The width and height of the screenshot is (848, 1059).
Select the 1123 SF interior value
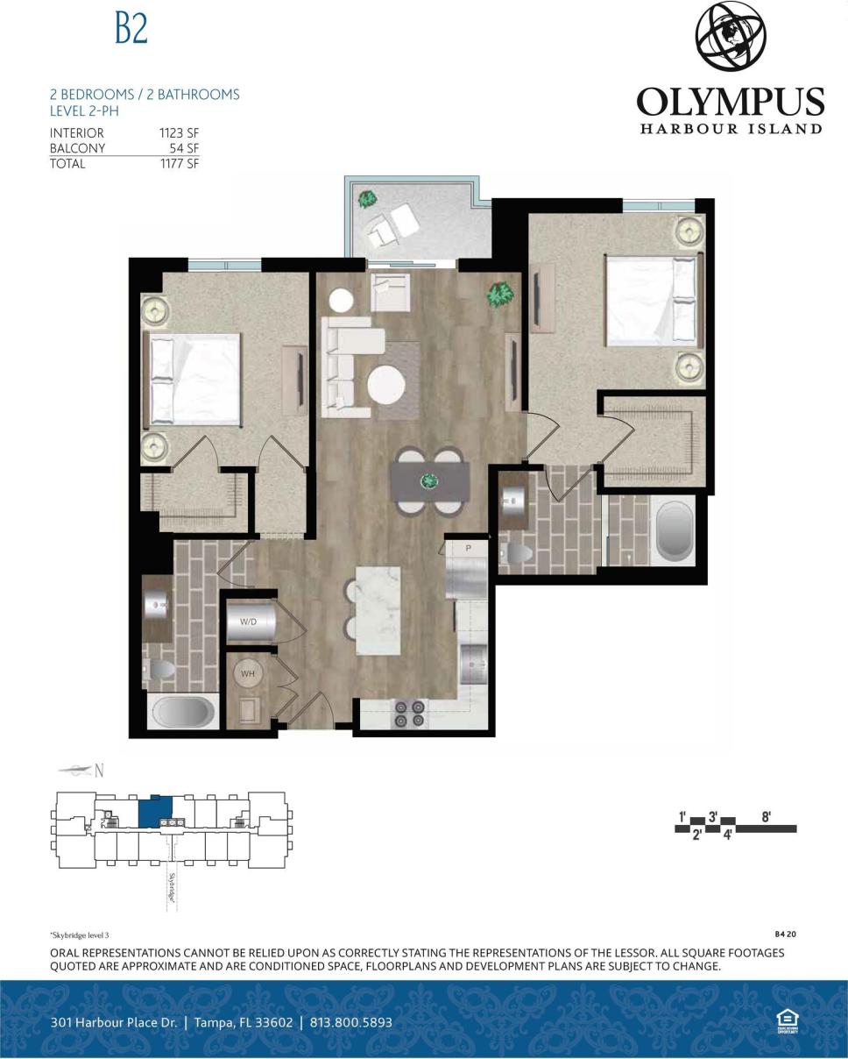[x=179, y=132]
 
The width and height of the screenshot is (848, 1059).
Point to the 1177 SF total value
[x=179, y=163]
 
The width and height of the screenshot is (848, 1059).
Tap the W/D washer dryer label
[x=248, y=622]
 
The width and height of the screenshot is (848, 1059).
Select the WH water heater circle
[x=248, y=673]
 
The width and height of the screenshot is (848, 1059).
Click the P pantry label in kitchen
[x=469, y=548]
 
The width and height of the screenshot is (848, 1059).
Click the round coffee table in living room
[x=385, y=384]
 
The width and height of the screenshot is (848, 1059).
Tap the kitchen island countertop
[x=378, y=610]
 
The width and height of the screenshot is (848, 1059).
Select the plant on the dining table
[x=429, y=480]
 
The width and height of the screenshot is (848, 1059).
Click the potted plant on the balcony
[x=367, y=199]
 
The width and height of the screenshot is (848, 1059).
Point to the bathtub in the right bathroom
[x=674, y=530]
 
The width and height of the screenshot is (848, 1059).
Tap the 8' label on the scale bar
[x=766, y=816]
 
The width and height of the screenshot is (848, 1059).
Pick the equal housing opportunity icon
[x=787, y=1020]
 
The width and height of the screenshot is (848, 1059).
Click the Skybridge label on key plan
[x=172, y=887]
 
